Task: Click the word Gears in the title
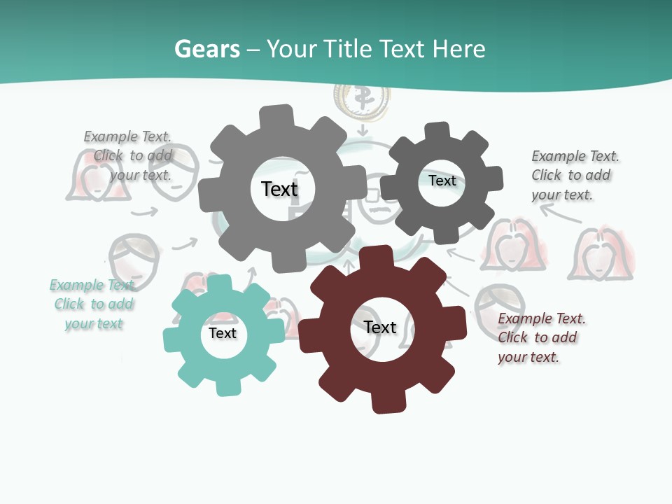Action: [x=206, y=49]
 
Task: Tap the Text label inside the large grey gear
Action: [x=279, y=189]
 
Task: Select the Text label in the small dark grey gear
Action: [x=442, y=181]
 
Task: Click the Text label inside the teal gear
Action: [x=223, y=333]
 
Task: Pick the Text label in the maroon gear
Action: [x=380, y=327]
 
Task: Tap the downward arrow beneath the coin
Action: [x=362, y=130]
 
